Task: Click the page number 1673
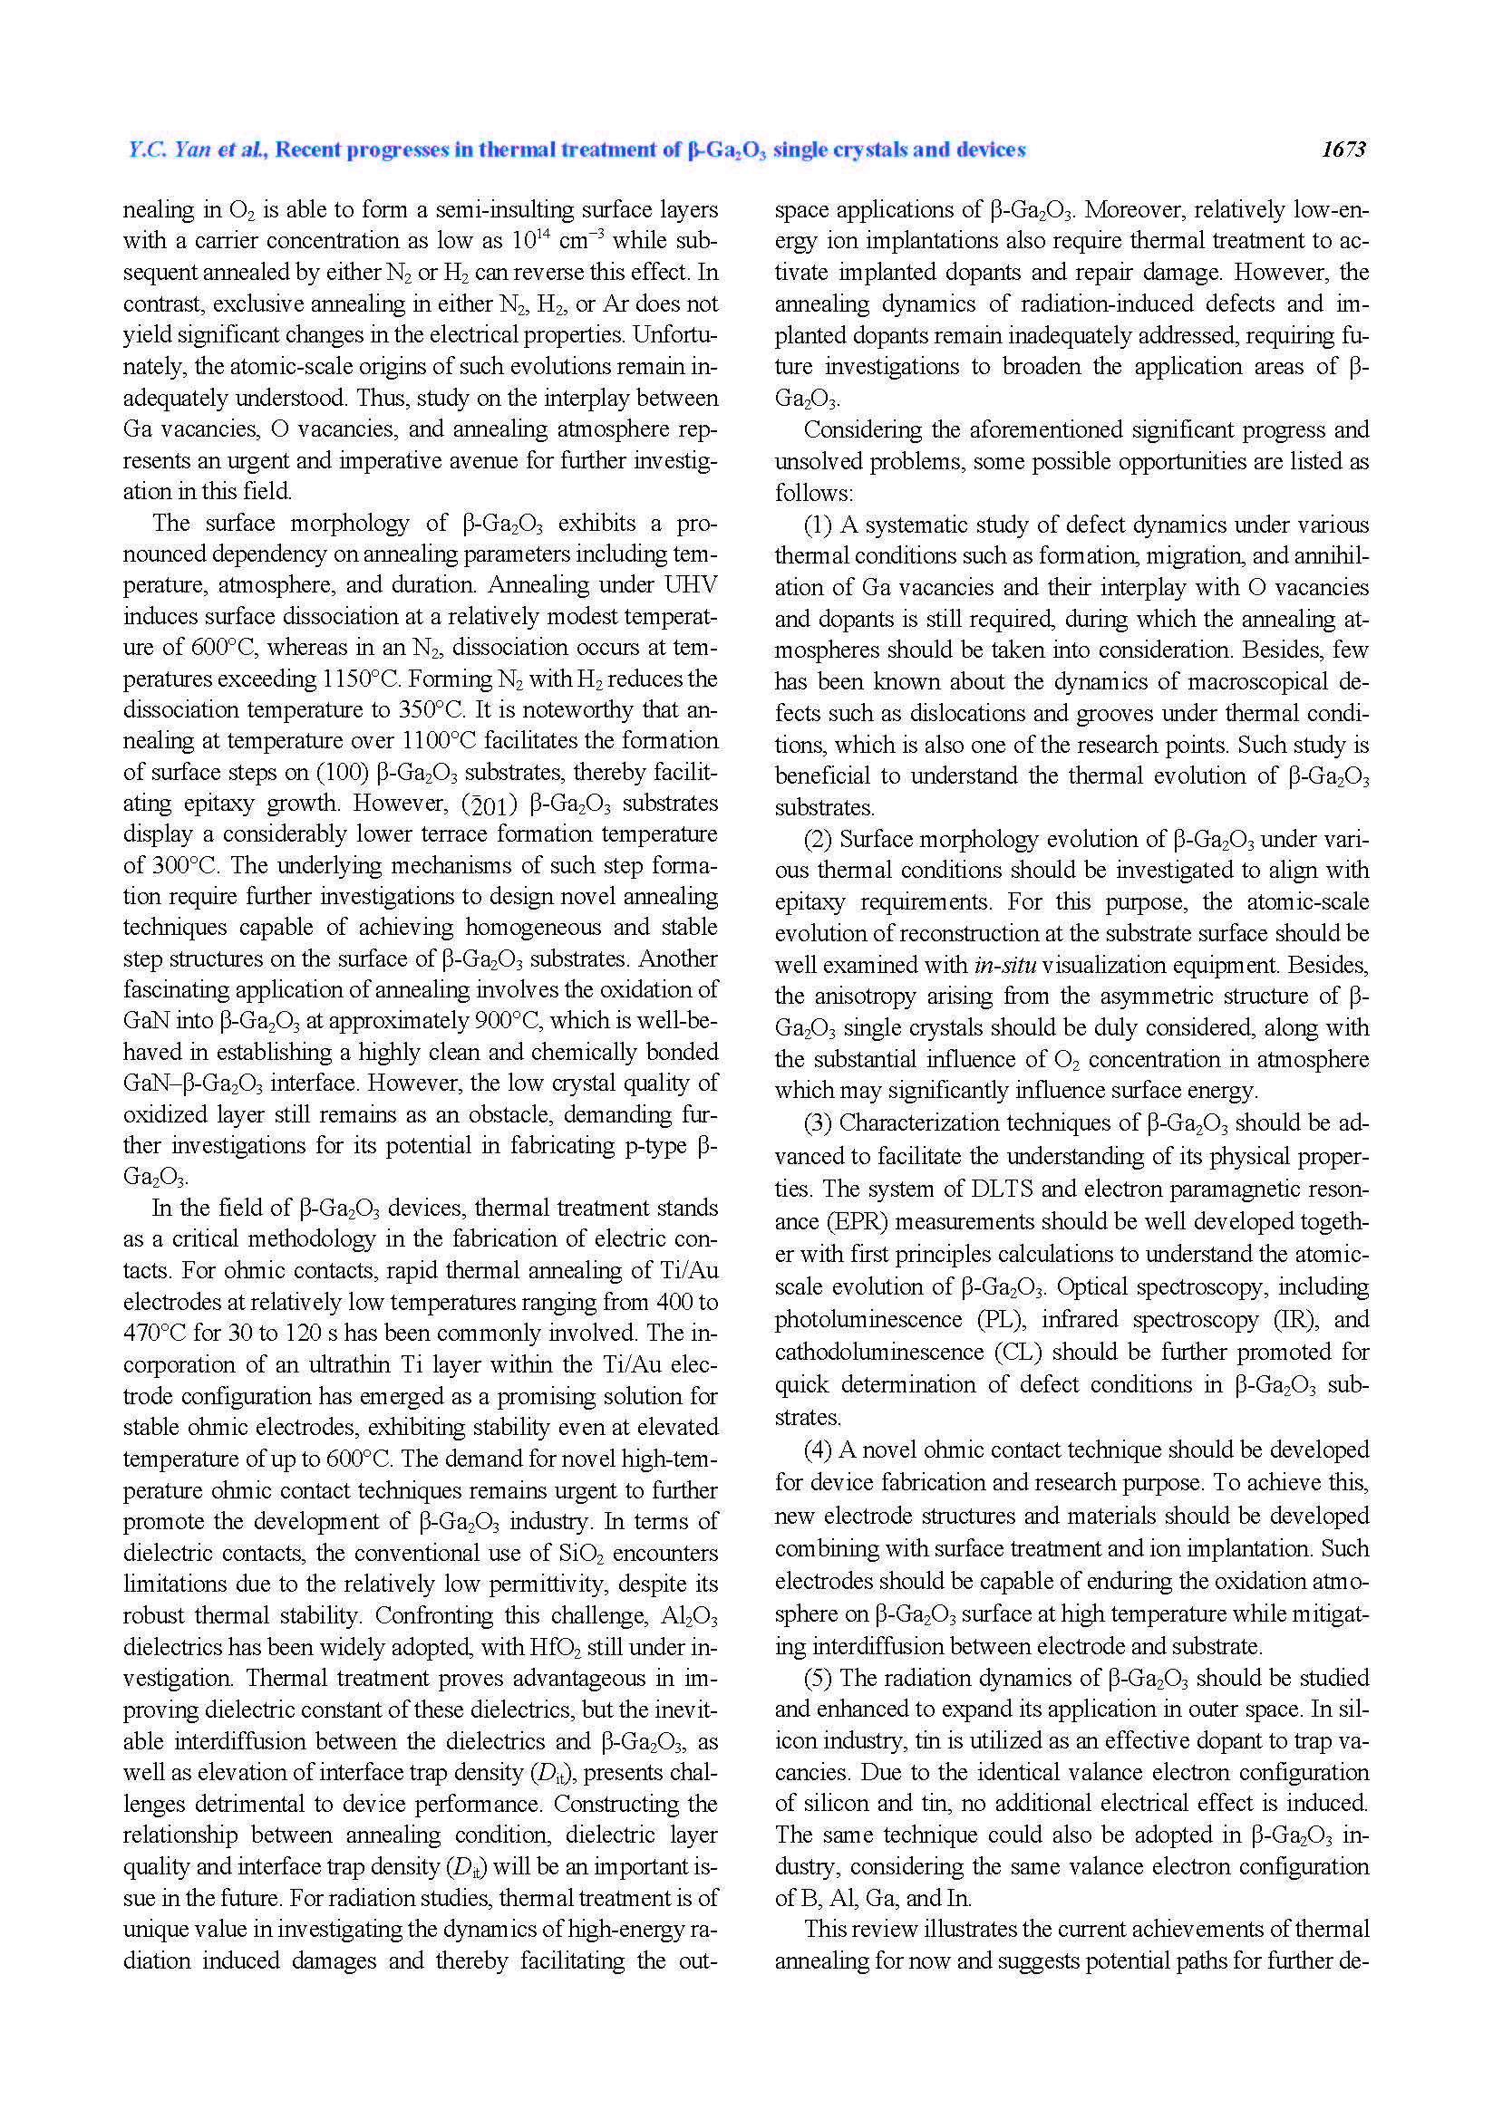click(1343, 150)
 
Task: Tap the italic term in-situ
click(1005, 966)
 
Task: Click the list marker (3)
click(818, 1123)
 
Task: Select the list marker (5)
click(818, 1678)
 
